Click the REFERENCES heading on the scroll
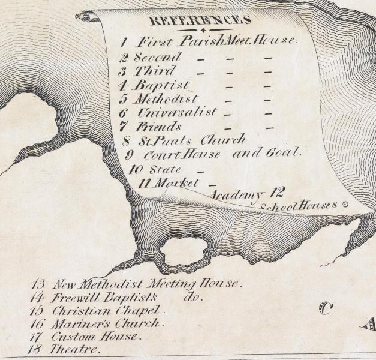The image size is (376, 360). point(199,20)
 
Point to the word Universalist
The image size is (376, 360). point(176,113)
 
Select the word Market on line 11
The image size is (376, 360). point(176,183)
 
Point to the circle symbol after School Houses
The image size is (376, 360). point(345,205)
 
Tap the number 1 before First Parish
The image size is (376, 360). point(123,43)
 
